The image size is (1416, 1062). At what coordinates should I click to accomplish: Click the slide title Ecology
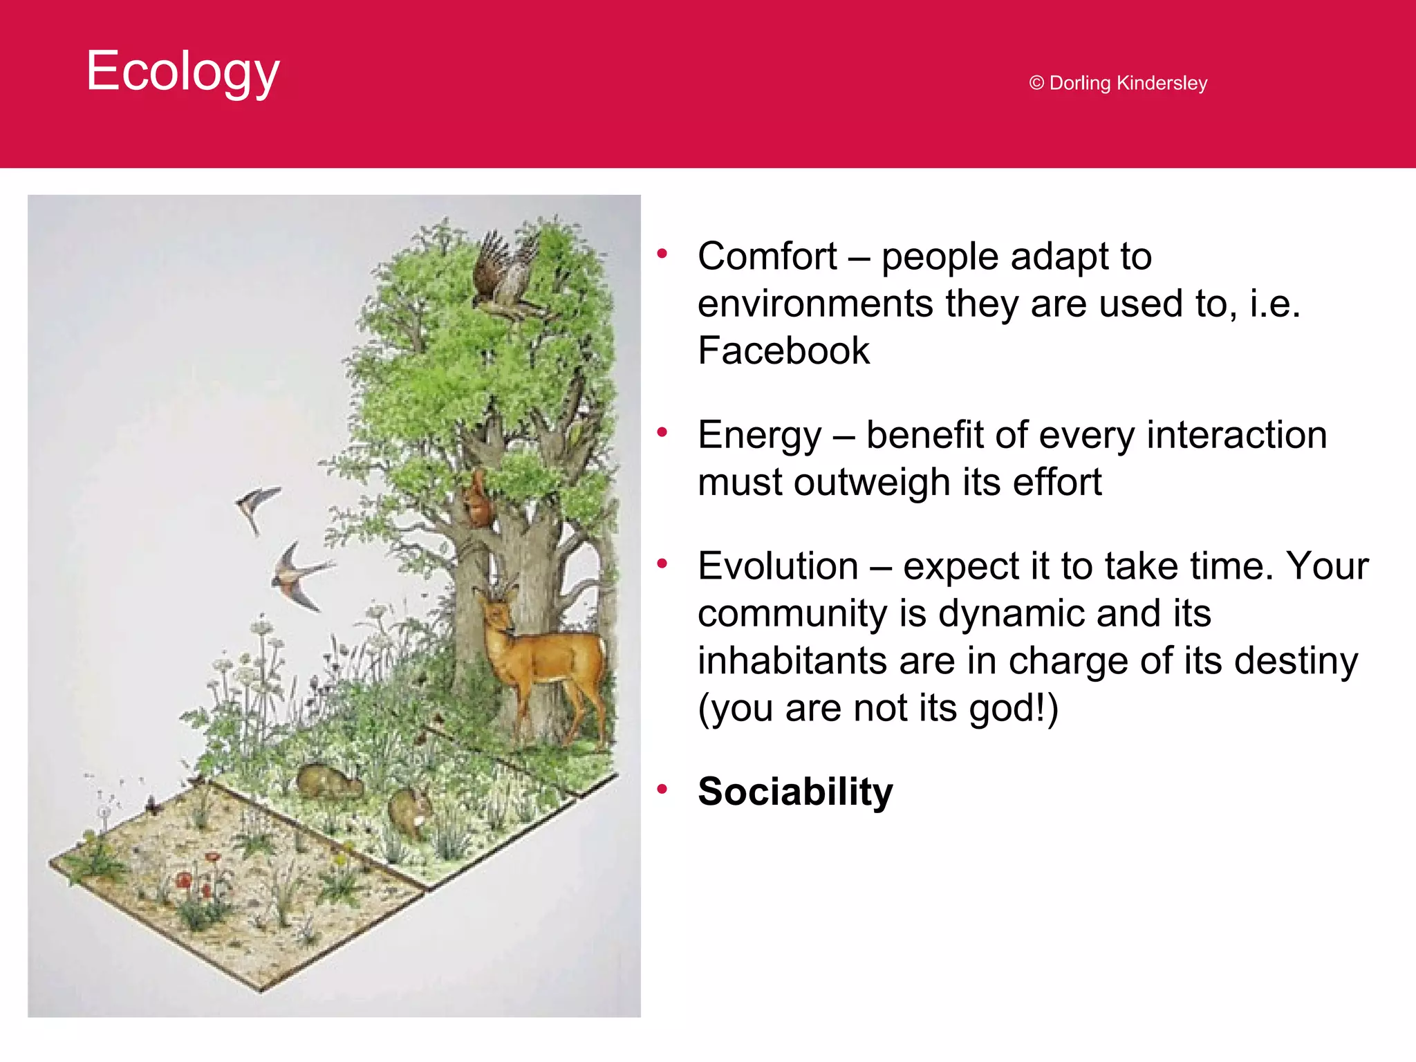(183, 71)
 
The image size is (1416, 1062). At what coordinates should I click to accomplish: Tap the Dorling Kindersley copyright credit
(1118, 83)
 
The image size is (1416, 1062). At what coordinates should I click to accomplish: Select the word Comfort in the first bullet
(767, 257)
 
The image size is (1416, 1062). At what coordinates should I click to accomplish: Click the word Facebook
(783, 351)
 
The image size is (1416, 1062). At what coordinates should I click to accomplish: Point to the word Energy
(759, 435)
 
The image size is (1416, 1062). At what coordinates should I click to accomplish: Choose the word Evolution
(778, 566)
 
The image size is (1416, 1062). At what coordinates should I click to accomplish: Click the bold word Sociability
(795, 791)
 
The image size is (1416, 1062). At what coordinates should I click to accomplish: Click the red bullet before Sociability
(662, 789)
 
